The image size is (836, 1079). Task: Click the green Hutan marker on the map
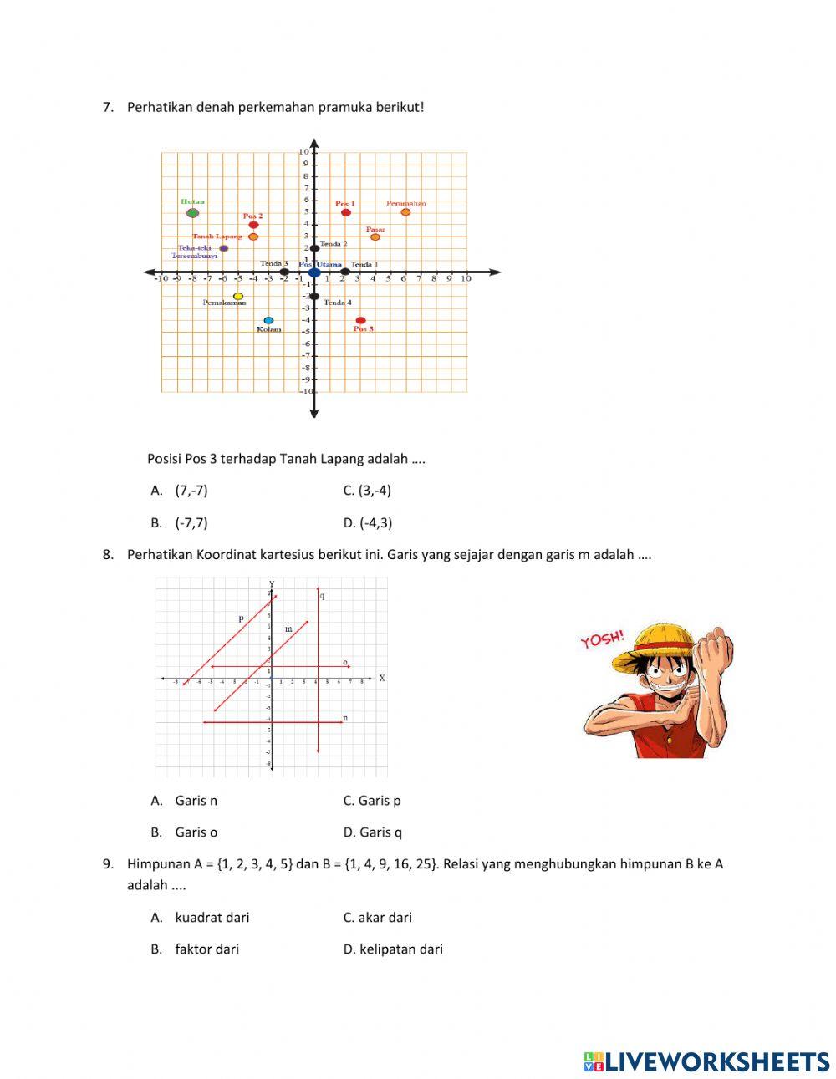coord(192,212)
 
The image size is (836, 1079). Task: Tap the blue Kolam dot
coord(268,320)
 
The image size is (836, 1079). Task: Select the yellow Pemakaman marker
coord(238,296)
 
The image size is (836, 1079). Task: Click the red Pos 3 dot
coord(360,320)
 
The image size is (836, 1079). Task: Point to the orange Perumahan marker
coord(405,212)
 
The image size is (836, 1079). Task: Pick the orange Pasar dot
coord(375,237)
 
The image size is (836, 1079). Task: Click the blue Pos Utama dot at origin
coord(314,272)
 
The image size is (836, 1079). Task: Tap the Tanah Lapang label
coord(217,237)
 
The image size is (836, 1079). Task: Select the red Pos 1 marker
coord(345,212)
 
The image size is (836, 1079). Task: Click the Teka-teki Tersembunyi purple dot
coord(223,248)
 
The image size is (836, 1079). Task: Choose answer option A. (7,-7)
coord(180,491)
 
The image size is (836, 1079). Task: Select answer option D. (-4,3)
coord(367,523)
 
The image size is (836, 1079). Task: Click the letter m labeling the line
coord(288,629)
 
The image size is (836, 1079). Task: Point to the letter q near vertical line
coord(323,596)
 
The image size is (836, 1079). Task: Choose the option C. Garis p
coord(372,801)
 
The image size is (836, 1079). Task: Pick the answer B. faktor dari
coord(196,949)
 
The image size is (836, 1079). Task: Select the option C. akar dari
coord(377,918)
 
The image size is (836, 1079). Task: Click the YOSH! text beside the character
coord(602,640)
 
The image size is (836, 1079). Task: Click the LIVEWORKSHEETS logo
coord(706,1061)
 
